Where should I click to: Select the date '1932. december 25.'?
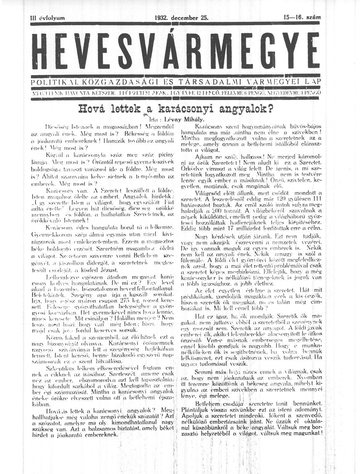[182, 18]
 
